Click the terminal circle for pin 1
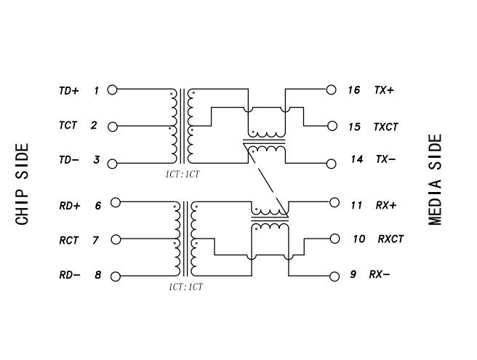pyautogui.click(x=113, y=89)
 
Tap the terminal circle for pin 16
pyautogui.click(x=332, y=89)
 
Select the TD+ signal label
pyautogui.click(x=69, y=91)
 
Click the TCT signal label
pyautogui.click(x=68, y=126)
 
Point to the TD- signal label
pyautogui.click(x=69, y=160)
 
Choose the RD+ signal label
pyautogui.click(x=69, y=206)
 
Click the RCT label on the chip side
pyautogui.click(x=68, y=240)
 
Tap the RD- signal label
pyautogui.click(x=69, y=276)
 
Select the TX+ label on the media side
pyautogui.click(x=385, y=90)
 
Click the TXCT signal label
pyautogui.click(x=386, y=127)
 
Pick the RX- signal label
pyautogui.click(x=380, y=274)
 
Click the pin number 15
pyautogui.click(x=354, y=127)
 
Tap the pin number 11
pyautogui.click(x=356, y=205)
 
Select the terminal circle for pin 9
pyautogui.click(x=334, y=276)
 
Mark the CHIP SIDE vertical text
pyautogui.click(x=23, y=184)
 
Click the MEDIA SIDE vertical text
pyautogui.click(x=436, y=180)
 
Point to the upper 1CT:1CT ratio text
pyautogui.click(x=182, y=175)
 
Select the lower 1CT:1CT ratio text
pyautogui.click(x=185, y=287)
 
